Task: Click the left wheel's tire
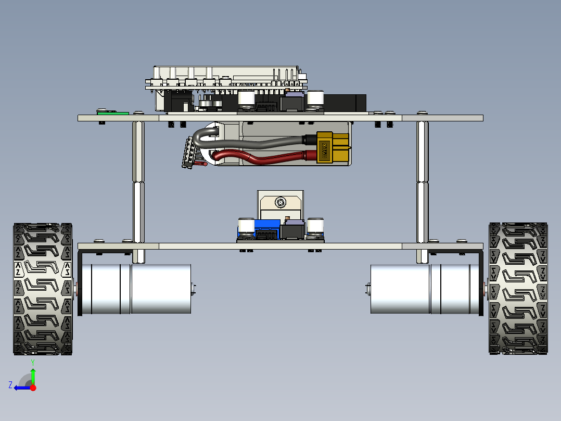43,289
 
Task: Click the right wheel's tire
518,289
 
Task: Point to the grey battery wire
250,140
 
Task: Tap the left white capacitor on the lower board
246,227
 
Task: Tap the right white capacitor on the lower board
316,227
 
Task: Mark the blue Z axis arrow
21,388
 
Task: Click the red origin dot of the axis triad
33,388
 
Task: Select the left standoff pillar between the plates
138,182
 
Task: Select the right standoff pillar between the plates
423,182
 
